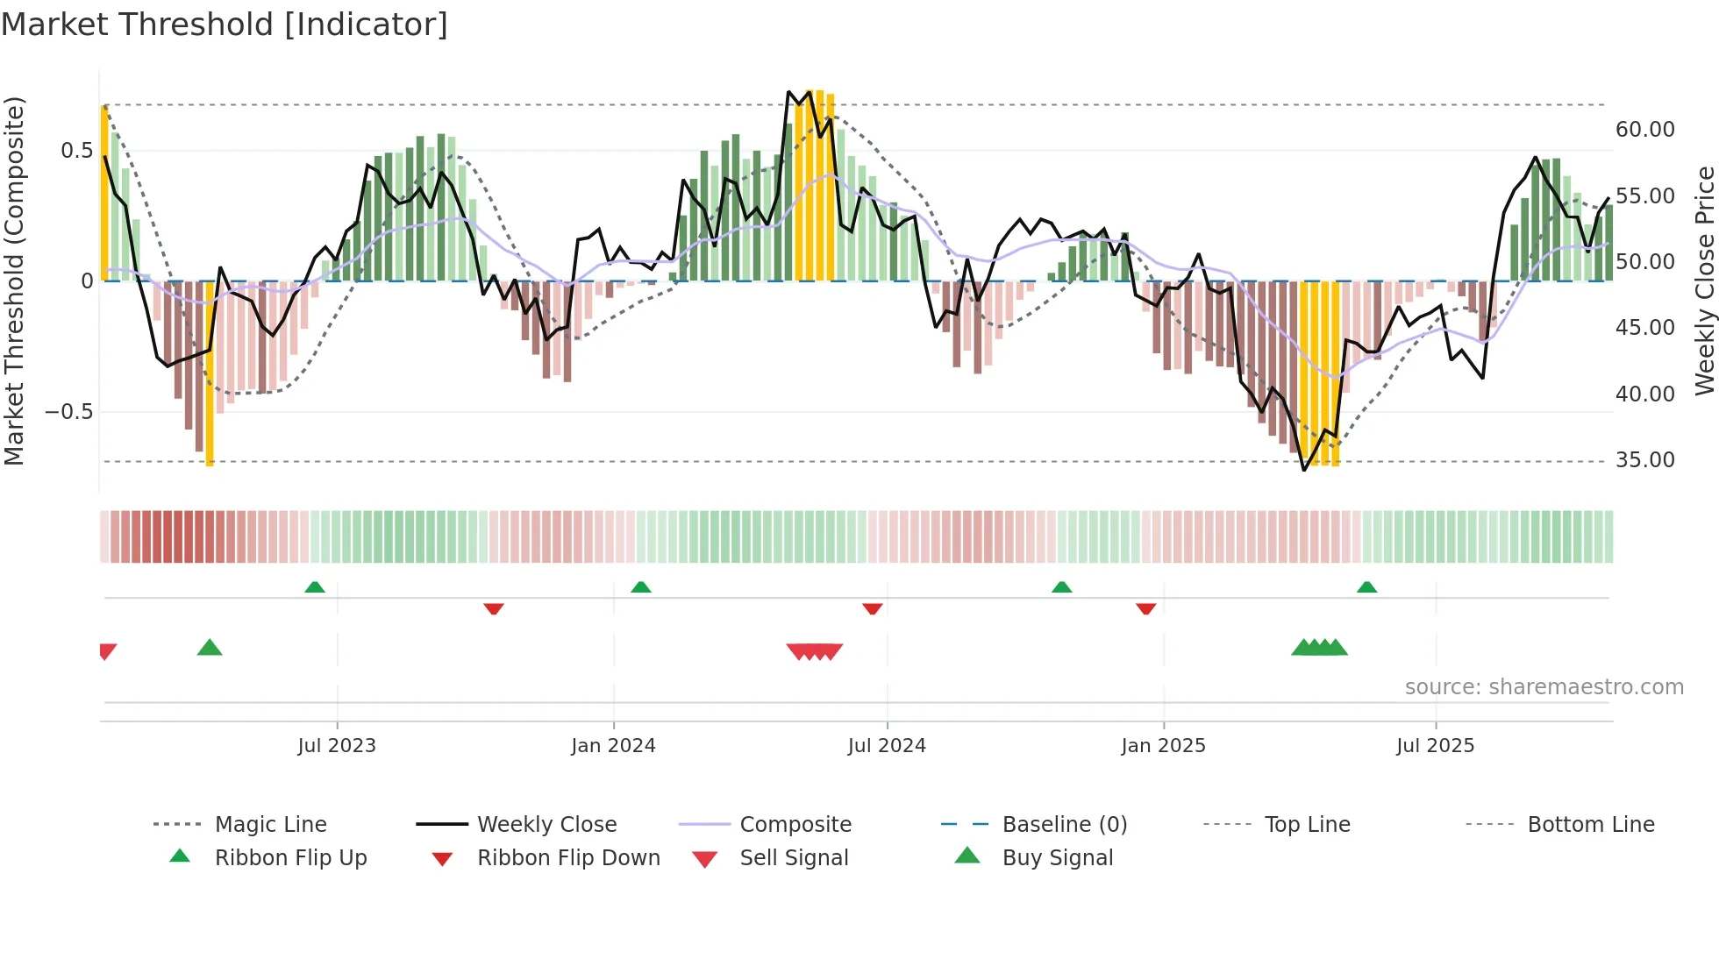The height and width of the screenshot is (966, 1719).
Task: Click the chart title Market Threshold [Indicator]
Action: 225,25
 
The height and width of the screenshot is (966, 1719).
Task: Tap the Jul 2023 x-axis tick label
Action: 337,746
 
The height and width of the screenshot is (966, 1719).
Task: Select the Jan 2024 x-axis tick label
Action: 613,746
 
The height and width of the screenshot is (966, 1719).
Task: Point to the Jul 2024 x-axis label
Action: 887,746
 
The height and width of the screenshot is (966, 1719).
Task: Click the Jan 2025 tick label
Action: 1163,746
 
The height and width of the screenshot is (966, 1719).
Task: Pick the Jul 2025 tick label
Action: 1436,746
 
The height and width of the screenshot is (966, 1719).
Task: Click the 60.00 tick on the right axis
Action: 1644,130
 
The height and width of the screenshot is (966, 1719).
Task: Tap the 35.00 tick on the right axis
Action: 1644,460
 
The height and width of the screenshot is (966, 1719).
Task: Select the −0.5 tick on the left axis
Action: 68,412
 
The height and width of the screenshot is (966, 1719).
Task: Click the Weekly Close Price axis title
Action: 1704,281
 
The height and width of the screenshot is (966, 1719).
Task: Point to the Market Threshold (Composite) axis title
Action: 14,281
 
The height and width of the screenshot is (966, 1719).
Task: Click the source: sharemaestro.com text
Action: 1544,687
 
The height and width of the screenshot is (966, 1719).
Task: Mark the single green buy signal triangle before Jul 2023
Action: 210,648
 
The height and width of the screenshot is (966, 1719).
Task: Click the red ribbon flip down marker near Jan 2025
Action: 1145,608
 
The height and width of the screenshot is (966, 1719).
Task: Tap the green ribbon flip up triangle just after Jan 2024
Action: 641,586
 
